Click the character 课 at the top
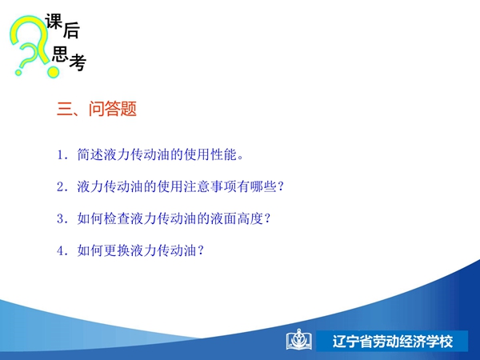[x=54, y=22]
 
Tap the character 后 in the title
[x=72, y=31]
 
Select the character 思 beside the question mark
[x=60, y=54]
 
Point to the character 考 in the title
[x=78, y=62]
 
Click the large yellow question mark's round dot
[x=53, y=72]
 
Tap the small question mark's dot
[x=18, y=73]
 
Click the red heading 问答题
[x=113, y=109]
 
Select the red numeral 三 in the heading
[x=64, y=109]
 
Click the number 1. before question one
[x=62, y=155]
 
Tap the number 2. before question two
[x=62, y=186]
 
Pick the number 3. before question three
[x=62, y=219]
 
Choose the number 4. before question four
[x=62, y=251]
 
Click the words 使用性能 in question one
[x=210, y=154]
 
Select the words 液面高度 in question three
[x=237, y=218]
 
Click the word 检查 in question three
[x=117, y=218]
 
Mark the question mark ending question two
[x=280, y=186]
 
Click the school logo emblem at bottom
[x=299, y=340]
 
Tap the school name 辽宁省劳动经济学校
[x=393, y=342]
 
